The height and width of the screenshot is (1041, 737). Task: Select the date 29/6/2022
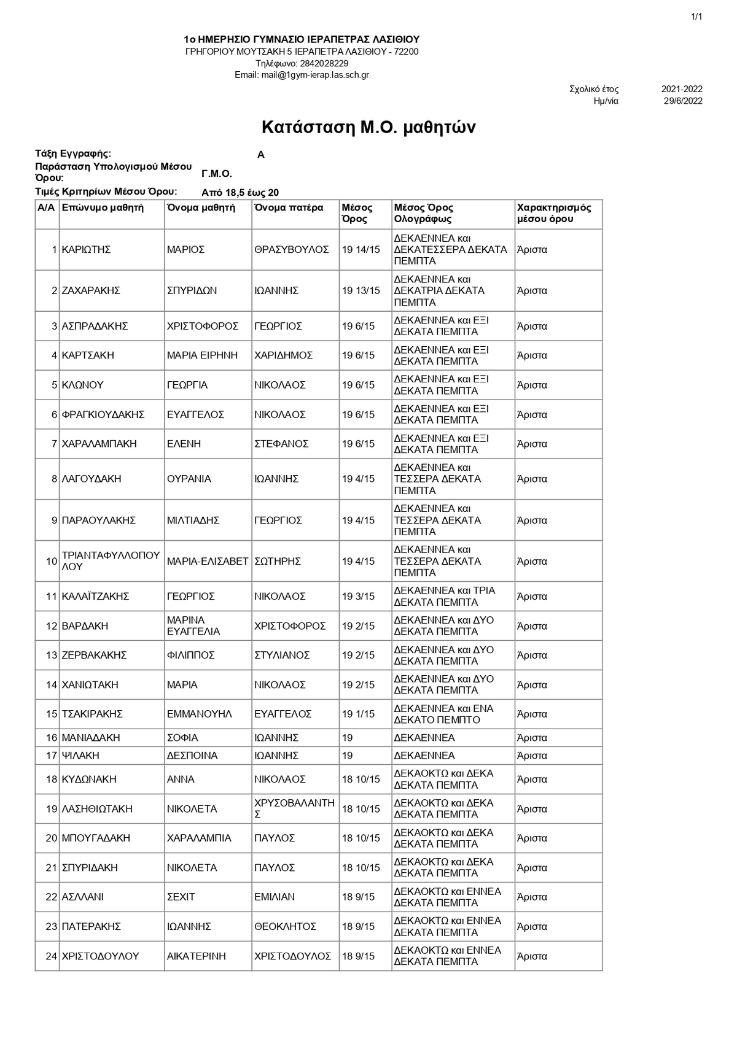tap(683, 101)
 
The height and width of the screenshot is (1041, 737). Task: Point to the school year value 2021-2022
tap(682, 89)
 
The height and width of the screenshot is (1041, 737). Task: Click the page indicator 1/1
tap(696, 17)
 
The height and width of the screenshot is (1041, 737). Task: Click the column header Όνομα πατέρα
tap(289, 207)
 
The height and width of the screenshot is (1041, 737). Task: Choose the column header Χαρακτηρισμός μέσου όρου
tap(554, 213)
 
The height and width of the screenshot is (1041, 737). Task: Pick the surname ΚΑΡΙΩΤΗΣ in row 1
tap(86, 250)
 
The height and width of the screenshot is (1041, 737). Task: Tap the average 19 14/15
tap(361, 250)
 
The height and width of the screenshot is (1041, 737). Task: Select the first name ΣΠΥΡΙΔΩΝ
tap(192, 291)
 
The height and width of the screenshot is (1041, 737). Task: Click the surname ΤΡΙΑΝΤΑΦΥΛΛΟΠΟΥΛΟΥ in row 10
tap(111, 561)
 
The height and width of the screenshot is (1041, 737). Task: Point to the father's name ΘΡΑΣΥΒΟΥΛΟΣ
tap(292, 250)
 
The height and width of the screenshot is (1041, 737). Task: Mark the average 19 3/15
tap(358, 597)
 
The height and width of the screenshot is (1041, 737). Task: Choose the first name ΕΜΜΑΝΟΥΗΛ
tap(199, 714)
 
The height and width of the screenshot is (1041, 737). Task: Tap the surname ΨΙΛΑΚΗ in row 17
tap(80, 756)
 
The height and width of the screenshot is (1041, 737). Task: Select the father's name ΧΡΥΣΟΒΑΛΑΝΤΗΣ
tap(294, 808)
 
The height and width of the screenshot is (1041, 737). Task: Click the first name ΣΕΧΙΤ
tap(181, 897)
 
